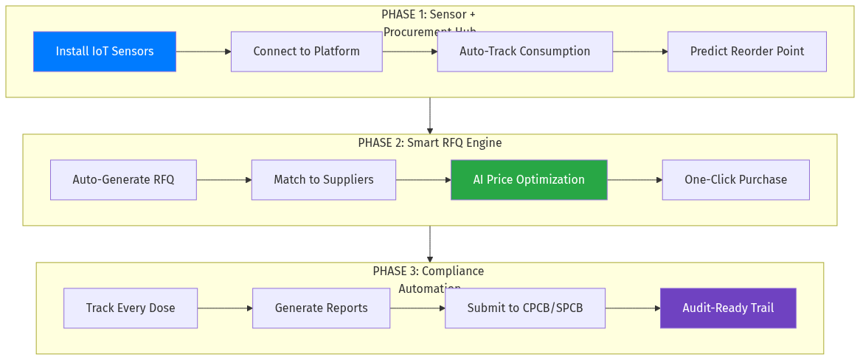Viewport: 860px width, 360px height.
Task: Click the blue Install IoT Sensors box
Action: coord(105,52)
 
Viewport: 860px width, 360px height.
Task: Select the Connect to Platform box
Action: coord(306,52)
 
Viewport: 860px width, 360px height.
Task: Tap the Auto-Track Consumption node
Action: coord(524,52)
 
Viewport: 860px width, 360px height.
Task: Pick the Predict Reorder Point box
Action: coord(746,52)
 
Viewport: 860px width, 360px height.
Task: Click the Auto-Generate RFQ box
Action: coord(123,180)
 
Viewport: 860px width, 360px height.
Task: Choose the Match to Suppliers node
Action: coord(323,180)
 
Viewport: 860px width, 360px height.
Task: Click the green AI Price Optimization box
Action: coord(529,180)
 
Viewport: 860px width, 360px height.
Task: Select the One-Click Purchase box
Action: coord(735,180)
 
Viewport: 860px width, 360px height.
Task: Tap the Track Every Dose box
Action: coord(131,308)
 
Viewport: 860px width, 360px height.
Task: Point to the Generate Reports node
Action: coord(321,308)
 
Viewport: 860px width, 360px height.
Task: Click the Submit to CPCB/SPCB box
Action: coord(524,308)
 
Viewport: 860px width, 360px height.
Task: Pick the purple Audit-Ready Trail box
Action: coord(728,308)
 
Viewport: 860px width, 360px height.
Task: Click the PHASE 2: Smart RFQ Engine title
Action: coord(429,143)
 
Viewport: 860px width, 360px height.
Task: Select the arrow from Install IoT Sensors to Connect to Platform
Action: coord(204,52)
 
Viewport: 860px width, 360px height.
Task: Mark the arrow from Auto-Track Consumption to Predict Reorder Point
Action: coord(640,52)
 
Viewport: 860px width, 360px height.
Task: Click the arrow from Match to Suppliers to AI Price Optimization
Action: coord(423,180)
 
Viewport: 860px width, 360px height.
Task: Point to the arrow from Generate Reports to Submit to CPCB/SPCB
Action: coord(417,308)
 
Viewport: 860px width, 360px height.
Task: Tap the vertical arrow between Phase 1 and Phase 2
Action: coord(429,116)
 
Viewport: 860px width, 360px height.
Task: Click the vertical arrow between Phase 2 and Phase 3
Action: coord(429,244)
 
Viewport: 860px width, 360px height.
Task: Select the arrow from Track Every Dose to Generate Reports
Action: coord(225,308)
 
